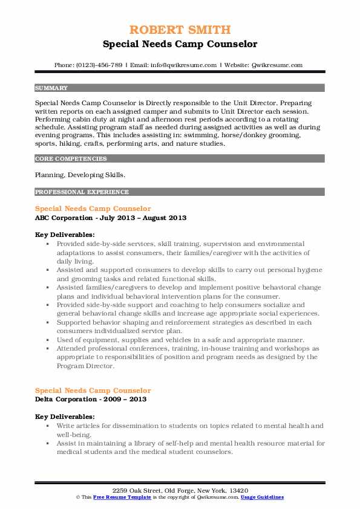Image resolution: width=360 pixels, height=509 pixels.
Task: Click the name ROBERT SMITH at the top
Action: coord(180,30)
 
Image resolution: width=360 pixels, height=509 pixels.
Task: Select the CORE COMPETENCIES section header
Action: coord(71,159)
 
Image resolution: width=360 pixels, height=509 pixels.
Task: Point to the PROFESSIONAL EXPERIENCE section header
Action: coord(82,192)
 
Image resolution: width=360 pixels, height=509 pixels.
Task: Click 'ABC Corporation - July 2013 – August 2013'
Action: coord(111,218)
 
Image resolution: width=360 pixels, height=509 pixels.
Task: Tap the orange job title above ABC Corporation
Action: coord(93,209)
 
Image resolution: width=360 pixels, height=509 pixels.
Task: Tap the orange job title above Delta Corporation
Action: coord(93,391)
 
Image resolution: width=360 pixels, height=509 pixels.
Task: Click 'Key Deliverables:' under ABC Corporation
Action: coord(65,235)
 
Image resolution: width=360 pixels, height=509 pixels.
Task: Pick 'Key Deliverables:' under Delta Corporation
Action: coord(65,417)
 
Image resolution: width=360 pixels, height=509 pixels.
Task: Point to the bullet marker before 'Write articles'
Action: coord(48,426)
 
